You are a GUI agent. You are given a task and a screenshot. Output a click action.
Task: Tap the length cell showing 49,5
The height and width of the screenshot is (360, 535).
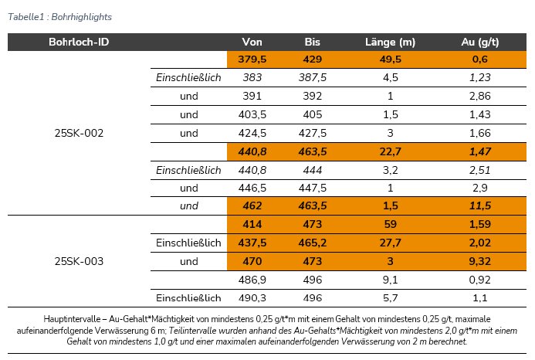coord(390,59)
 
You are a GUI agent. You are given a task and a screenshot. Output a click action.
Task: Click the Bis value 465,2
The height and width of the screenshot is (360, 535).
coord(313,243)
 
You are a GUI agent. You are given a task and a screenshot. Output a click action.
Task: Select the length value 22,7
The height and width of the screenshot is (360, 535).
coord(390,151)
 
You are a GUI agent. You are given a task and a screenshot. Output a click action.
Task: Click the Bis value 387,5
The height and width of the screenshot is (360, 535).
coord(313,77)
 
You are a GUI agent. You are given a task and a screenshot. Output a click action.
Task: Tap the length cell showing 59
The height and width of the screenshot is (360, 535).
coord(390,225)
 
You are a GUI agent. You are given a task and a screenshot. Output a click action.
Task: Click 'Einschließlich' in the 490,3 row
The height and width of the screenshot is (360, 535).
coord(189,298)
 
